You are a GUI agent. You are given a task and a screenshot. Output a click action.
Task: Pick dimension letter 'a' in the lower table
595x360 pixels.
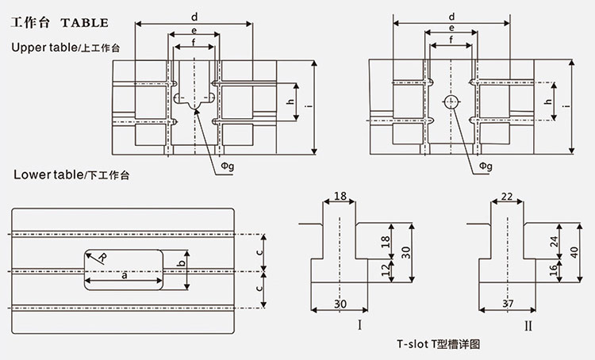pos(124,274)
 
